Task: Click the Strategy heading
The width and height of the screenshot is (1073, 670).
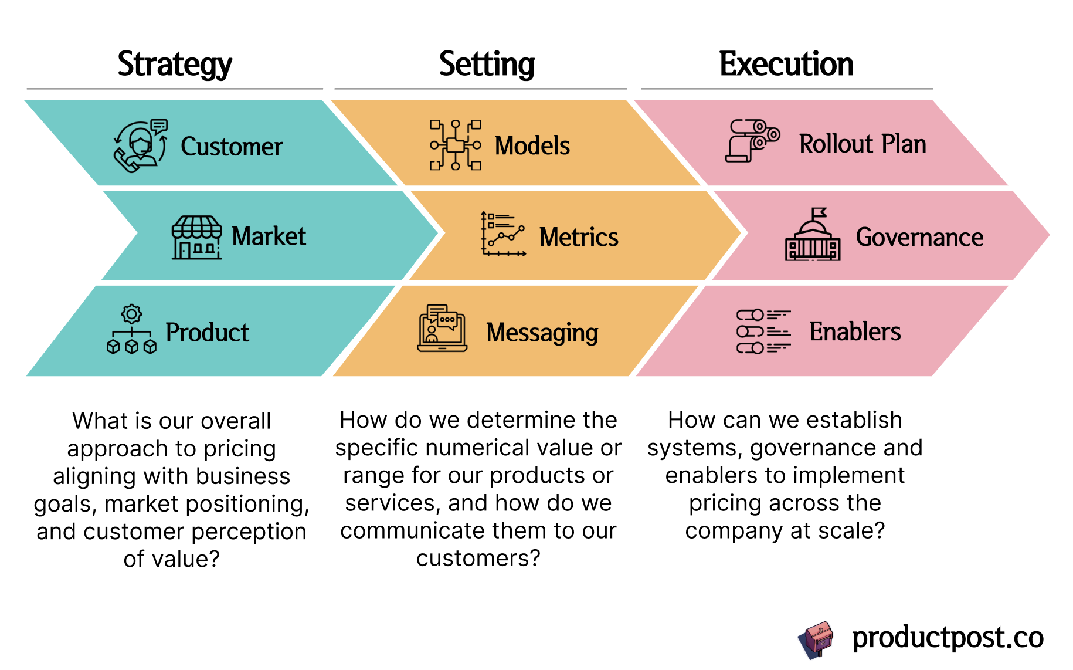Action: pos(175,64)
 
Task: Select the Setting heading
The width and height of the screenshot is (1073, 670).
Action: pos(487,64)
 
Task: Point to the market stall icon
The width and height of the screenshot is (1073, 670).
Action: pos(197,237)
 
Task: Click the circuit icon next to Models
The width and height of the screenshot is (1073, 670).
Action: pos(456,145)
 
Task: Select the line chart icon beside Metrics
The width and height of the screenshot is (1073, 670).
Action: pos(503,234)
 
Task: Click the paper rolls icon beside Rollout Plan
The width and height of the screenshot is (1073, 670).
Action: pos(753,141)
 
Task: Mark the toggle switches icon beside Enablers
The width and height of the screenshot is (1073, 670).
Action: pos(763,331)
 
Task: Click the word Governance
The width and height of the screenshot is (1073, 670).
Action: pos(919,237)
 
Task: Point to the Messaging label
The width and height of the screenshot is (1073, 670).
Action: pos(542,333)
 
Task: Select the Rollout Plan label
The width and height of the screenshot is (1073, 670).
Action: pos(863,144)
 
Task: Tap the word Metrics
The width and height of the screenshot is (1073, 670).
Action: pos(579,237)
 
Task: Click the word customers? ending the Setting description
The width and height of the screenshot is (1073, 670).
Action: pos(478,558)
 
